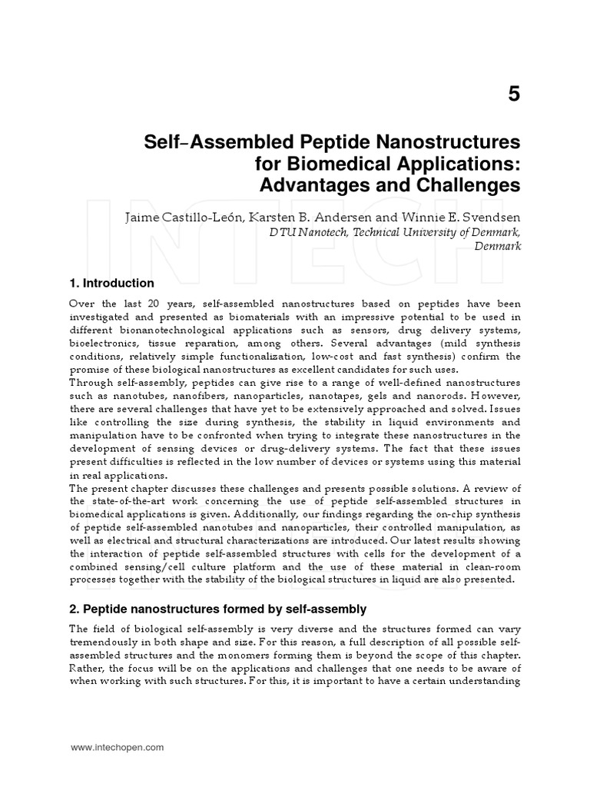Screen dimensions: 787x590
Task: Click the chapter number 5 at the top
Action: coord(513,94)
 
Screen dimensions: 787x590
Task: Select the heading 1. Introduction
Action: coord(112,284)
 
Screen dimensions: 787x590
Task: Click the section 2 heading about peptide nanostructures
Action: coord(218,609)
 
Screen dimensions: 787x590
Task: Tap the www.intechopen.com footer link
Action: coord(118,746)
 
